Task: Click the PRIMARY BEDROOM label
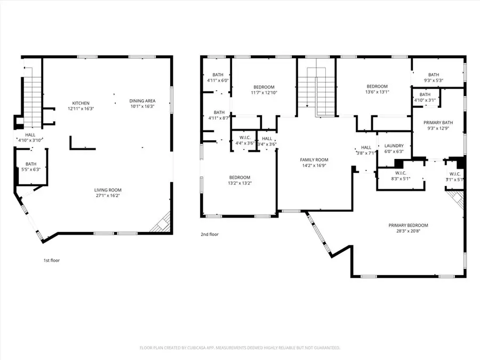[408, 225]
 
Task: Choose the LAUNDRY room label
[394, 146]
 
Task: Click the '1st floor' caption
[52, 261]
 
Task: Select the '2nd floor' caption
[210, 234]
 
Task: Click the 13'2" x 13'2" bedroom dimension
[239, 183]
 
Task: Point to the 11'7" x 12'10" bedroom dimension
[263, 93]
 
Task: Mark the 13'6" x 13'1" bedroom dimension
[377, 92]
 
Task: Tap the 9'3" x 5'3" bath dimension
[433, 81]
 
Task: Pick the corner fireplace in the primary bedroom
[457, 201]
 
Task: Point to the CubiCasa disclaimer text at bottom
[239, 348]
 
